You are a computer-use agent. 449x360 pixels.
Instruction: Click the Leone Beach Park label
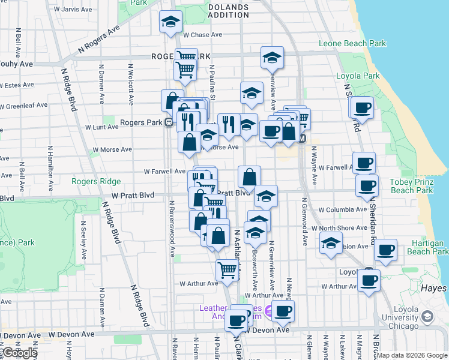coord(352,43)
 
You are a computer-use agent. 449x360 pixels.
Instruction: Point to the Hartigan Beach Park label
coord(428,247)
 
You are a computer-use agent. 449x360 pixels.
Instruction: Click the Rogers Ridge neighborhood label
coord(96,181)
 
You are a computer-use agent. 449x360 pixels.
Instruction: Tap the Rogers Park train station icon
coord(169,122)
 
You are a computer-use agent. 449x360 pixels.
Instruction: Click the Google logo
coord(20,353)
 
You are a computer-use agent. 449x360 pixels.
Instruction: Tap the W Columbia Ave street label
coord(342,210)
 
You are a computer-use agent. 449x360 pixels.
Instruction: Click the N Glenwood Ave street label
coord(305,222)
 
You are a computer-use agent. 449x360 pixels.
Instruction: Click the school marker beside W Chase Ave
coord(170,23)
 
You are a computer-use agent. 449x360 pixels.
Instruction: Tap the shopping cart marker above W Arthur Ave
coord(227,269)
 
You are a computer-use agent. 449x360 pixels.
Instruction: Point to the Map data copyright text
coord(412,355)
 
